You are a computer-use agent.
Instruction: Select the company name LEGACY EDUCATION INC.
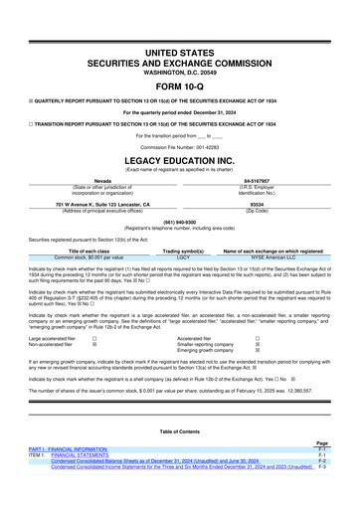[179, 158]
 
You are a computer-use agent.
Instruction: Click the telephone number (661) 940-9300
[179, 223]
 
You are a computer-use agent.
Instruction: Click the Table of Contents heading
[179, 444]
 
